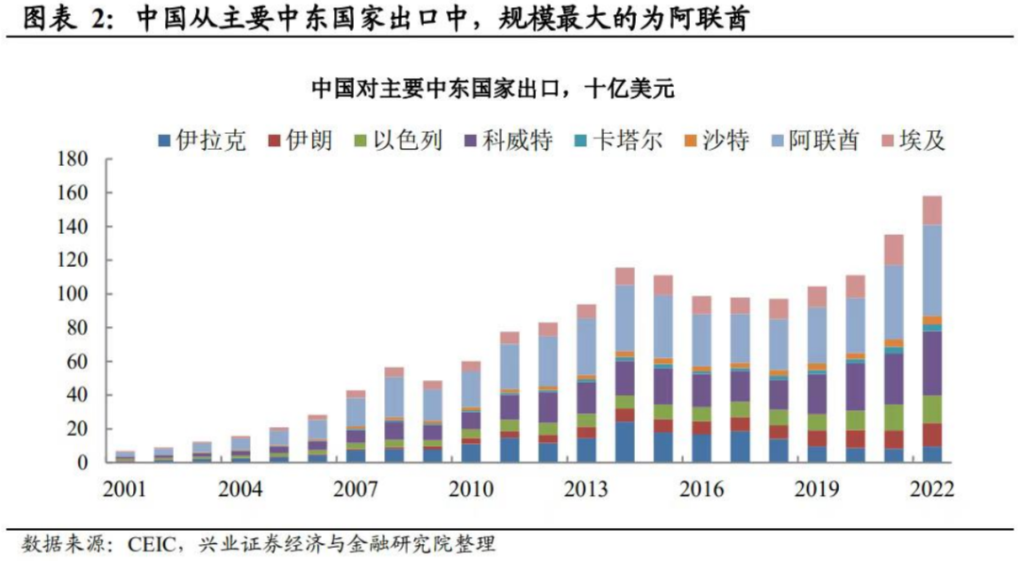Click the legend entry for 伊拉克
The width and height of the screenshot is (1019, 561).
(x=202, y=141)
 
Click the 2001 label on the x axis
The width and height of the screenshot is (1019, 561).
(x=125, y=489)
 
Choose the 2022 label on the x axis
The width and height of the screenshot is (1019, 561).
(x=929, y=489)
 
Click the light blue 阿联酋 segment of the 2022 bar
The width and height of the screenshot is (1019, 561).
(x=931, y=270)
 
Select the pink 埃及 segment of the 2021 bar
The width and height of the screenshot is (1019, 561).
(x=894, y=249)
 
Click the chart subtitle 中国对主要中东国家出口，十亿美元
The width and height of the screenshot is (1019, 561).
(x=494, y=90)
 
